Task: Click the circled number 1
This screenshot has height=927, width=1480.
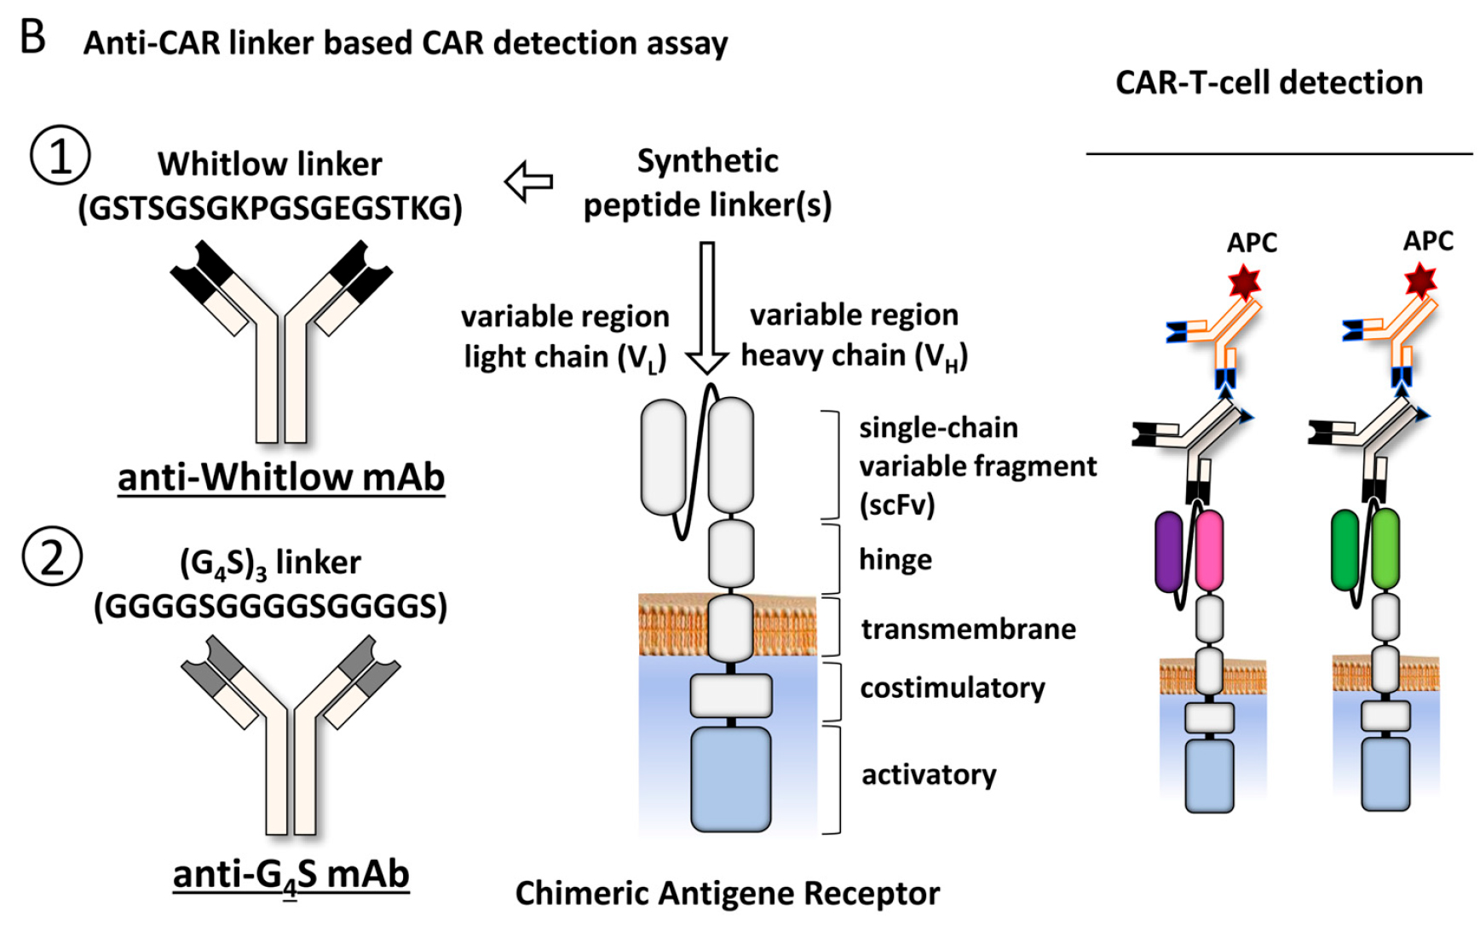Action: (60, 155)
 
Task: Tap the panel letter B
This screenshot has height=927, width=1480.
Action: (32, 37)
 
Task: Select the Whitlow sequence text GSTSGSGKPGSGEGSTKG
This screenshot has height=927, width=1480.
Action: (270, 208)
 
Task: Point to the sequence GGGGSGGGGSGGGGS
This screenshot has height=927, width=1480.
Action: (270, 606)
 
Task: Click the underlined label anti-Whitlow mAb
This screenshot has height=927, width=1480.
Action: (281, 477)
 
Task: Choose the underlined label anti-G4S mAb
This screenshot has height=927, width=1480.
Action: (291, 874)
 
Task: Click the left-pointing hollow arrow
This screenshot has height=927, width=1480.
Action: (528, 181)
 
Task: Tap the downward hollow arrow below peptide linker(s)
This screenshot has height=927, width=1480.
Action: (706, 307)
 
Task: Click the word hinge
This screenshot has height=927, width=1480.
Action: (895, 560)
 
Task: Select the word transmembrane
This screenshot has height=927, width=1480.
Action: (968, 629)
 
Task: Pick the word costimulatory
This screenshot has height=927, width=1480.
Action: (952, 688)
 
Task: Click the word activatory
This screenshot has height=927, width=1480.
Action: (929, 774)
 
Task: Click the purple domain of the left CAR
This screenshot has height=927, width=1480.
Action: (1169, 551)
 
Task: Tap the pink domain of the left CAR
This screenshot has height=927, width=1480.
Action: (1209, 551)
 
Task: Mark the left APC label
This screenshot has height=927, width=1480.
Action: (1252, 243)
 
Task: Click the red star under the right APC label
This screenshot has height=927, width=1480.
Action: (1420, 280)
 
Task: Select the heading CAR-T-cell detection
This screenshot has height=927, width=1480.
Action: (1269, 83)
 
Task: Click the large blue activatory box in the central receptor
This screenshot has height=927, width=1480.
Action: (730, 779)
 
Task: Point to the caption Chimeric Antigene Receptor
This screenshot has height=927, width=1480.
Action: (727, 893)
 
